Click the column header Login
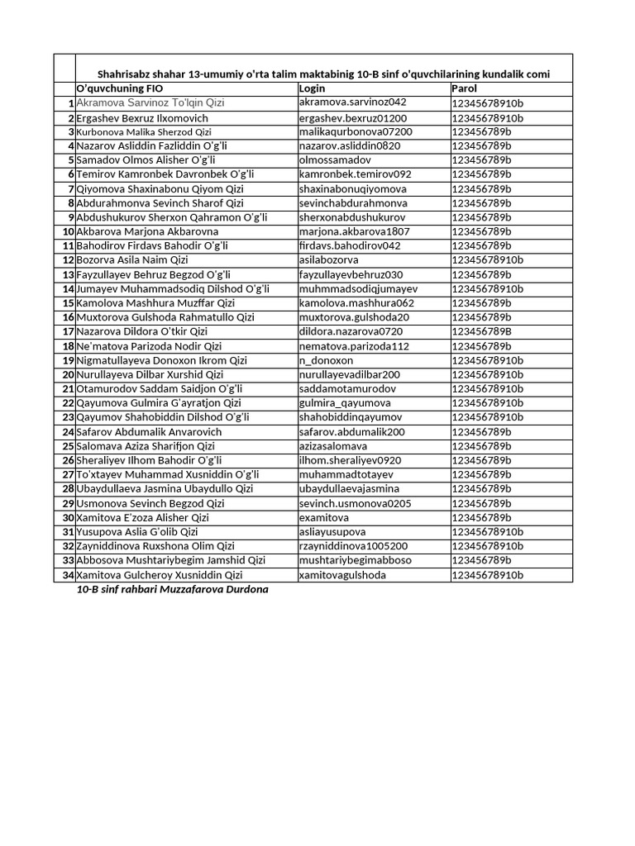[313, 88]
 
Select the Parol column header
[464, 88]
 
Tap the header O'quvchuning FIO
[119, 88]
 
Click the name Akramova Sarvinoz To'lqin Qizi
[150, 103]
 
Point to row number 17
[69, 332]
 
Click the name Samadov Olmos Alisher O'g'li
[146, 160]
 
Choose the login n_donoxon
[326, 361]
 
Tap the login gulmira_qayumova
[345, 403]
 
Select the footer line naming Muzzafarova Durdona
[173, 590]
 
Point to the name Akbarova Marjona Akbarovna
[147, 231]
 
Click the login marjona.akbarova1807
[354, 231]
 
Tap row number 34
[69, 575]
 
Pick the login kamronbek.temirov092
[355, 174]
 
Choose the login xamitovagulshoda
[342, 575]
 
